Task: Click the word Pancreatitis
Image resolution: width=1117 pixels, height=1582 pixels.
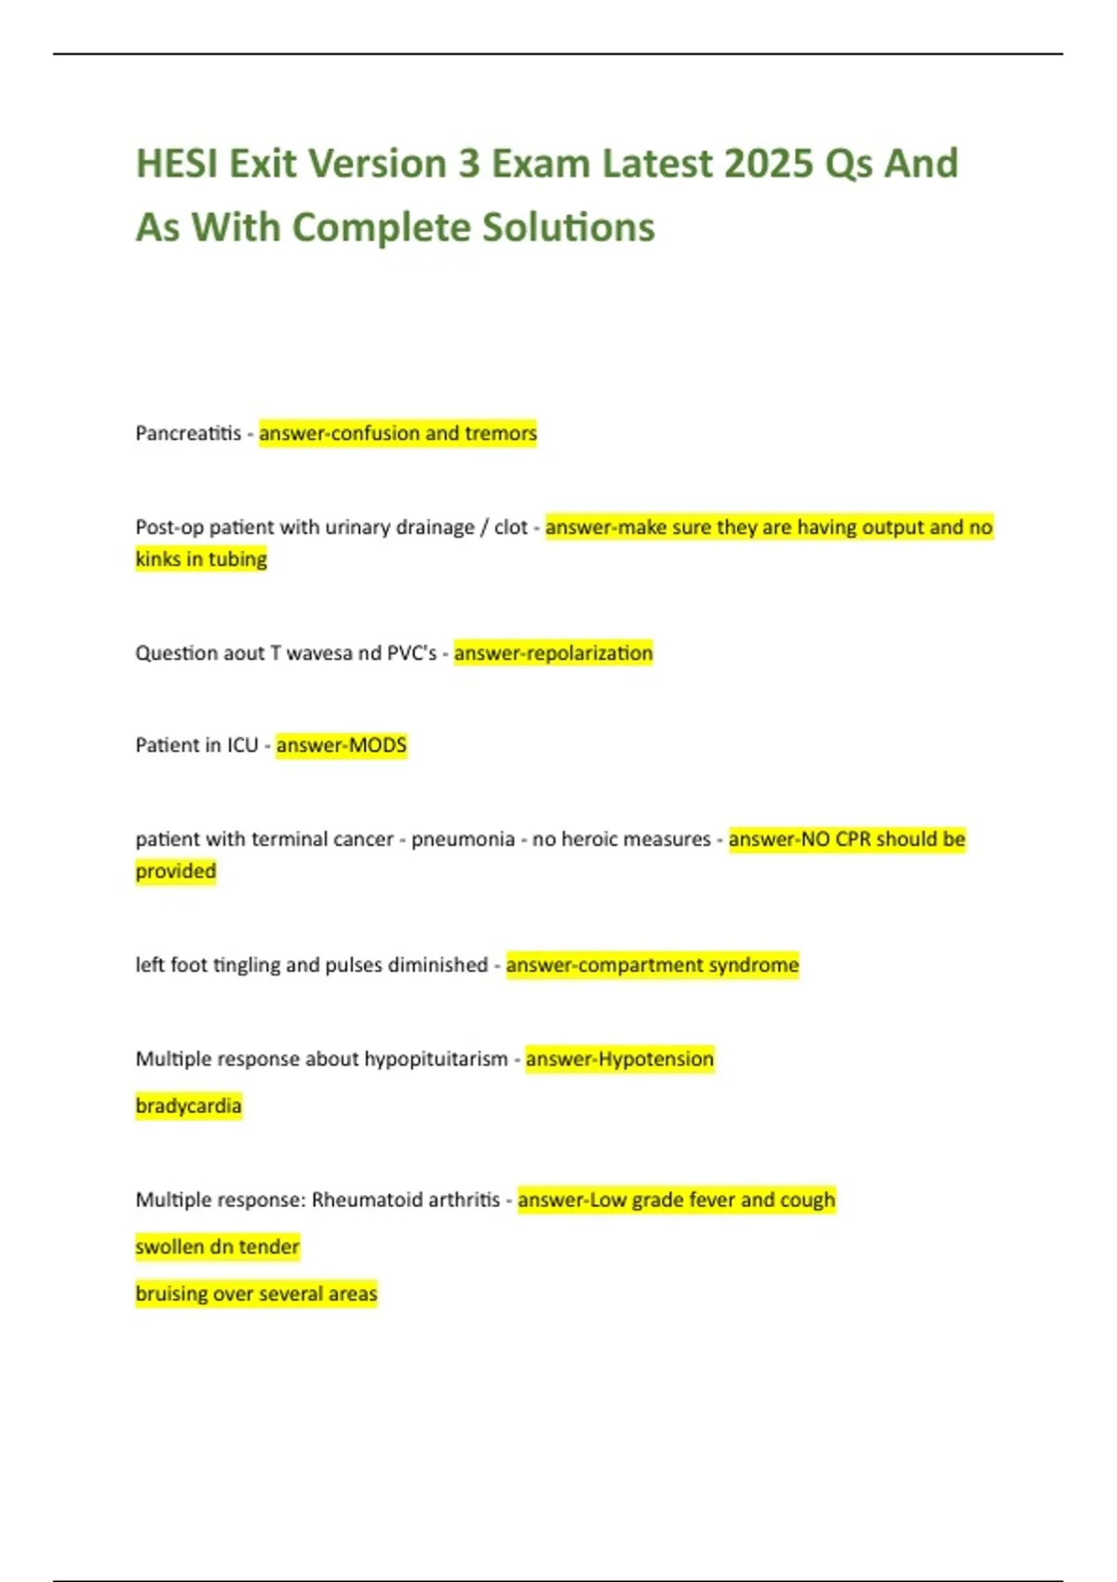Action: (188, 434)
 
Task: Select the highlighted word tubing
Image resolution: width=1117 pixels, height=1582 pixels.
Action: (237, 559)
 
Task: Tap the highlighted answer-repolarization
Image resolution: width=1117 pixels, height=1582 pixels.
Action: (553, 653)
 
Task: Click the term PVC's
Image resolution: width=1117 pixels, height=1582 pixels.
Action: (411, 653)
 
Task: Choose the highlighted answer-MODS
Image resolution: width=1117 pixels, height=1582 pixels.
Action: (342, 745)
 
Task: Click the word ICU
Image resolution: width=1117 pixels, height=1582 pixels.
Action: (242, 745)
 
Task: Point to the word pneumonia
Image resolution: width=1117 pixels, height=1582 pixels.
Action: (463, 839)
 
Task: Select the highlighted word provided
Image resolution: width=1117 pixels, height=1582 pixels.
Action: (176, 872)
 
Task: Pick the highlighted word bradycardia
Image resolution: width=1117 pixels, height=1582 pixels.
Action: (188, 1106)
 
